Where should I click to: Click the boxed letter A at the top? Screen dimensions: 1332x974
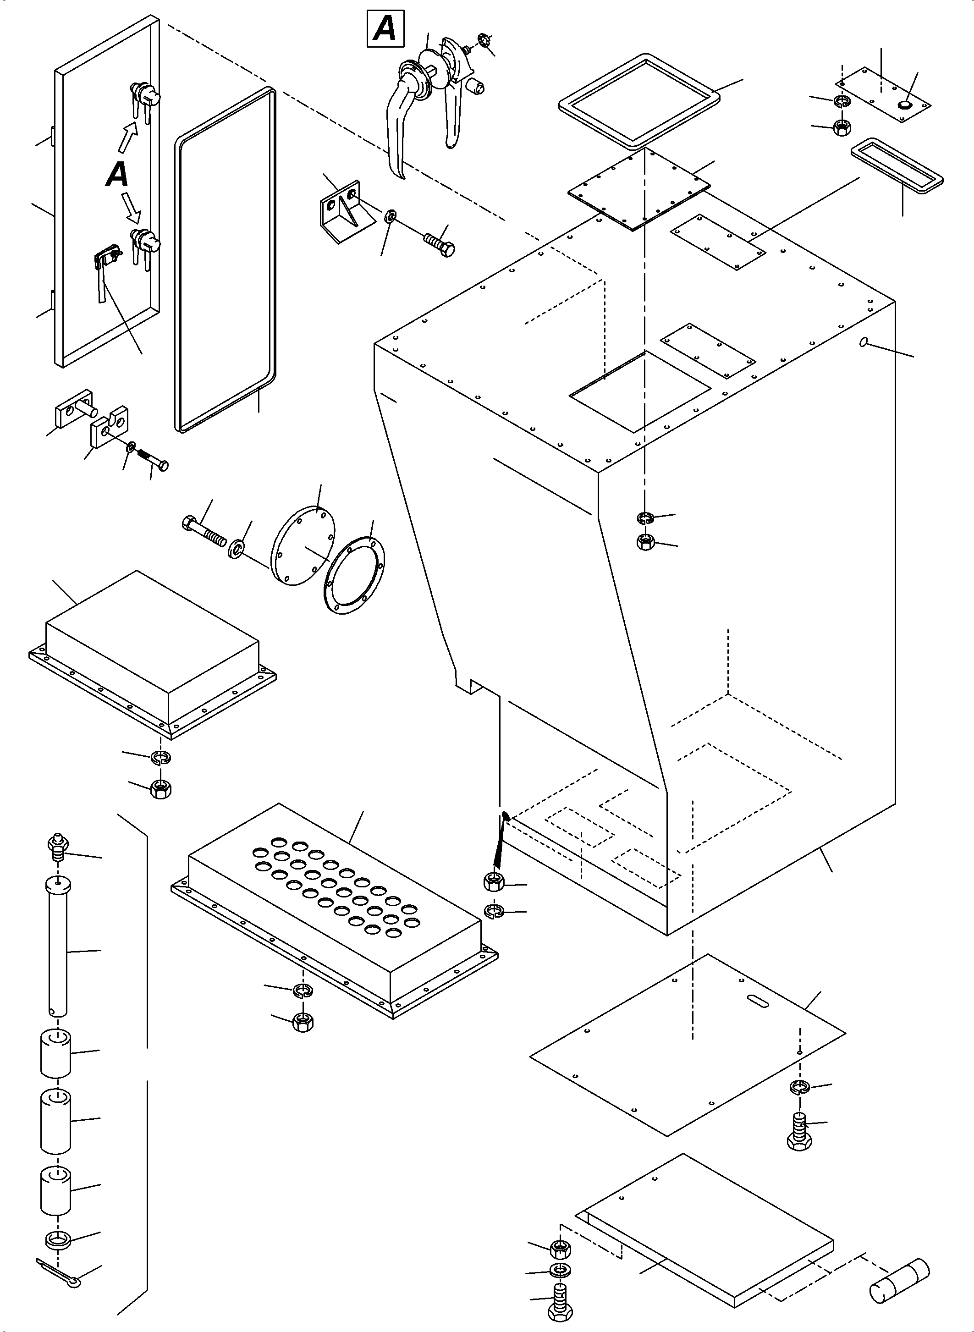[385, 28]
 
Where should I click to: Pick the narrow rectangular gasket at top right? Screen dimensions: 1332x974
[897, 165]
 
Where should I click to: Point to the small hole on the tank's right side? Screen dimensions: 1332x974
[864, 342]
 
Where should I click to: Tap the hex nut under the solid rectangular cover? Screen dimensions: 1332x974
[160, 788]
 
